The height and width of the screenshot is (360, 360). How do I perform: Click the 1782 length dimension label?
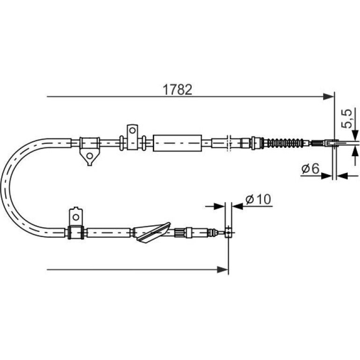tap(177, 90)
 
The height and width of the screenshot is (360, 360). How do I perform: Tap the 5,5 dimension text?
tap(346, 118)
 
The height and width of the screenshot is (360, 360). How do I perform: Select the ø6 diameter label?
tap(310, 169)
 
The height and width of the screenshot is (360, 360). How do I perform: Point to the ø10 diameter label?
tap(258, 199)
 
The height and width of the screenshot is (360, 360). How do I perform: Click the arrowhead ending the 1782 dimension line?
tap(328, 97)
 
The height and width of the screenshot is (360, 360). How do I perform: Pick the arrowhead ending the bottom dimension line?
tap(223, 270)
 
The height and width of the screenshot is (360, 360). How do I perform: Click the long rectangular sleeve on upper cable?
tap(177, 143)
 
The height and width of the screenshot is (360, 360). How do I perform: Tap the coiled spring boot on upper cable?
tap(284, 143)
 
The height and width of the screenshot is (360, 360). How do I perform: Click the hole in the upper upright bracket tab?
tap(132, 130)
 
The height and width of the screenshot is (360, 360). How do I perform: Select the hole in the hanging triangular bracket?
tap(90, 156)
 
